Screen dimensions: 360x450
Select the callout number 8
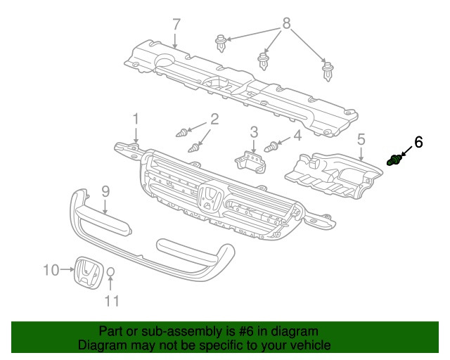pos(286,24)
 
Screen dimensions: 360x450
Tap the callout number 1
pos(136,118)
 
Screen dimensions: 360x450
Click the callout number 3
pos(254,131)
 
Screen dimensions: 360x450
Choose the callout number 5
pos(361,139)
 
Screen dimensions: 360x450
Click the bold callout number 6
pos(418,142)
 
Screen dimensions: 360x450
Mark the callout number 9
pos(105,190)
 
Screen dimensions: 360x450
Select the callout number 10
pos(50,269)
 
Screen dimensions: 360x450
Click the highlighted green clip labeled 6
pos(394,161)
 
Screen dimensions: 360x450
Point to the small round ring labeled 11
pos(111,273)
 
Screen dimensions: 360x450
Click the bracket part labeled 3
pos(250,160)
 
